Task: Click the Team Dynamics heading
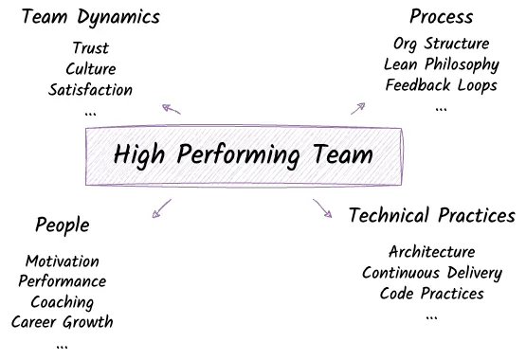coord(90,18)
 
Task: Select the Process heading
coord(441,18)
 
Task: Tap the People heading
coord(63,225)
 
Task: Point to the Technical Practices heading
coord(431,216)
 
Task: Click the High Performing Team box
coord(244,154)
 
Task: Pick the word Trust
coord(91,48)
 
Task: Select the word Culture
coord(91,69)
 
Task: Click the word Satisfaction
coord(91,90)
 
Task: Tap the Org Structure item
coord(441,45)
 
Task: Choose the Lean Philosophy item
coord(441,64)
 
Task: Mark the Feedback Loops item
coord(441,85)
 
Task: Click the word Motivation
coord(63,261)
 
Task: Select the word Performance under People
coord(63,281)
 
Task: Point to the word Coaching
coord(63,302)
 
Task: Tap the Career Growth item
coord(63,322)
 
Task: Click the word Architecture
coord(431,252)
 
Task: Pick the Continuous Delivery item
coord(431,273)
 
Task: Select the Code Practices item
coord(431,294)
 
